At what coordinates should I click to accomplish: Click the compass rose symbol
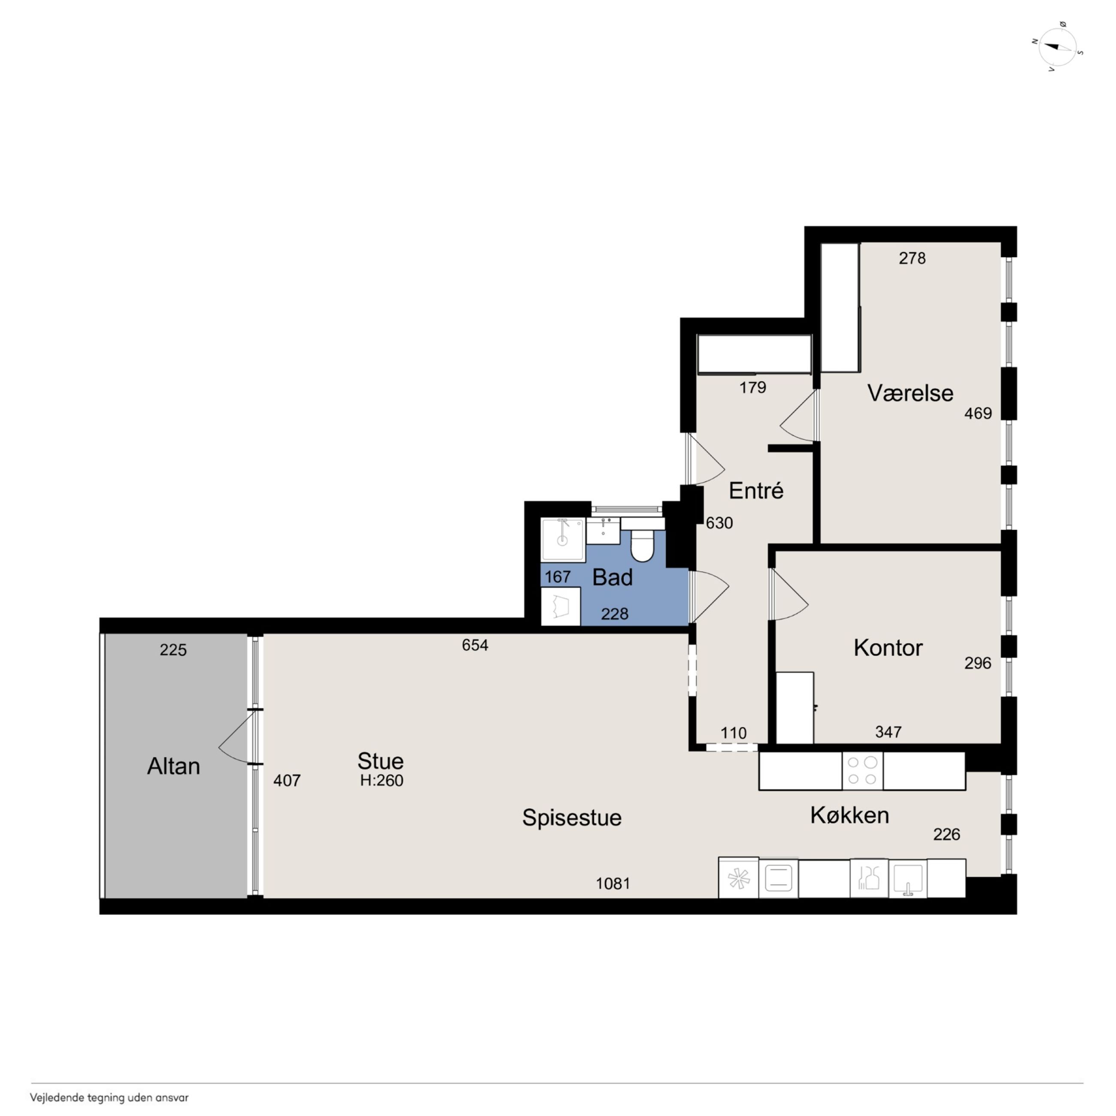click(1058, 47)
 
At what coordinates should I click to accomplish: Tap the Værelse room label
click(910, 393)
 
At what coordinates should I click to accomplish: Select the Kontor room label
click(888, 648)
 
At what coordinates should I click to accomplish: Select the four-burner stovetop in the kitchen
click(862, 770)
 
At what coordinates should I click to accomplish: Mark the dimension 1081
click(613, 883)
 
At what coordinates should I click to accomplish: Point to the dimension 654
click(475, 645)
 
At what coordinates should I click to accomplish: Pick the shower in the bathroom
click(563, 540)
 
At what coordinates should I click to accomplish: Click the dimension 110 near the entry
click(733, 733)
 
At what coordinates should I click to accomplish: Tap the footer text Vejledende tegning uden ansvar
click(109, 1098)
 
